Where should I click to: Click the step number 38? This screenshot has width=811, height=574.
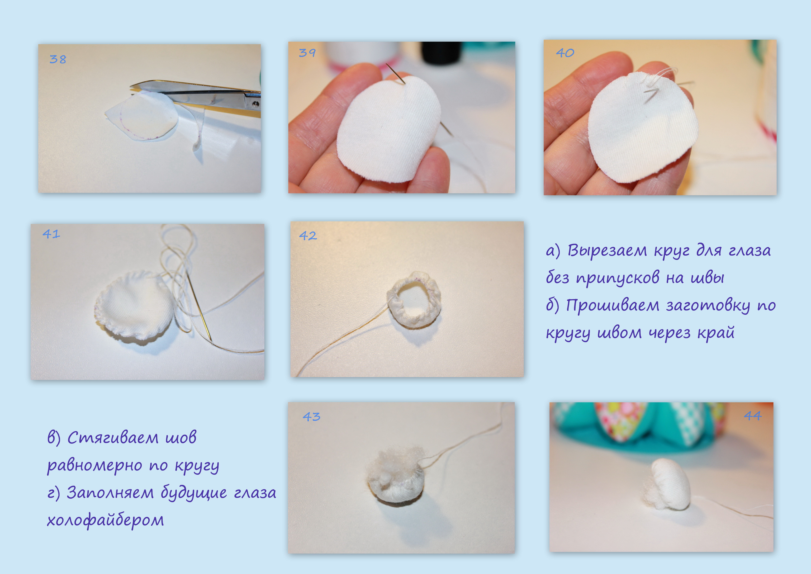point(57,59)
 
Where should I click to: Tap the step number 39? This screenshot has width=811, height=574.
point(307,53)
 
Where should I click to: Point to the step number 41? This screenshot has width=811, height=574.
point(51,234)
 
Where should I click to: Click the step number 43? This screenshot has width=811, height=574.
point(312,417)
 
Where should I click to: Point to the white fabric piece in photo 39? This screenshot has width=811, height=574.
point(389,129)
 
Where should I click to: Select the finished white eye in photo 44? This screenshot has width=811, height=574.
point(668,484)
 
